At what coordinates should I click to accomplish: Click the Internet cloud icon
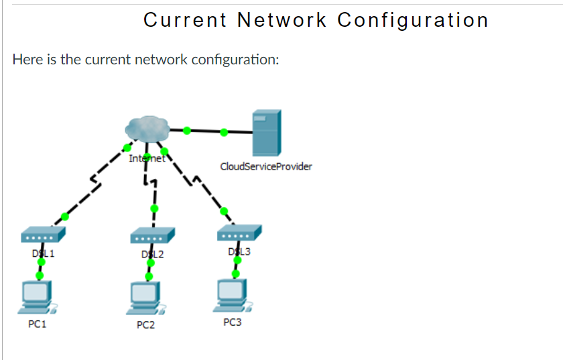pyautogui.click(x=147, y=129)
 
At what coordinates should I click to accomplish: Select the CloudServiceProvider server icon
pyautogui.click(x=266, y=132)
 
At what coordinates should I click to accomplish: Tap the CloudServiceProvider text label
pyautogui.click(x=265, y=166)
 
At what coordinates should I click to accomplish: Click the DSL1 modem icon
pyautogui.click(x=43, y=235)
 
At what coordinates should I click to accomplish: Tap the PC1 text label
pyautogui.click(x=37, y=324)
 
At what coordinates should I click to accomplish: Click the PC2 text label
pyautogui.click(x=145, y=325)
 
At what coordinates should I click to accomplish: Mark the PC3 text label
pyautogui.click(x=232, y=322)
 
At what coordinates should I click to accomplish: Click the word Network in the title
pyautogui.click(x=282, y=20)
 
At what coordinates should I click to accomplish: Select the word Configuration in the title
pyautogui.click(x=413, y=20)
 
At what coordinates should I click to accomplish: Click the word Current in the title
pyautogui.click(x=185, y=20)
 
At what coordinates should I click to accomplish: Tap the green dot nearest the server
pyautogui.click(x=224, y=133)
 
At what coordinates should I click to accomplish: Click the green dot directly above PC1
pyautogui.click(x=40, y=275)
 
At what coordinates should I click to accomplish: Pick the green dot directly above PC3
pyautogui.click(x=235, y=274)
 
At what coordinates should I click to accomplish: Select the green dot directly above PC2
pyautogui.click(x=149, y=276)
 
